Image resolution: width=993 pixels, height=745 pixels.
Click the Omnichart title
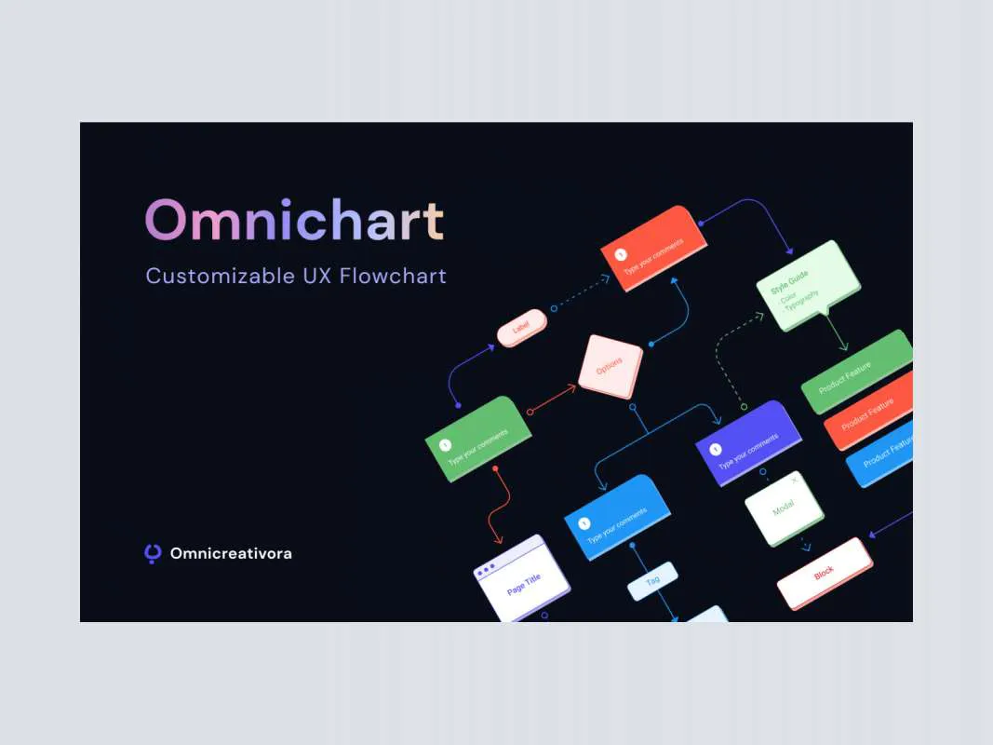(294, 222)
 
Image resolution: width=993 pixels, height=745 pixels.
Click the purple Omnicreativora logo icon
(154, 553)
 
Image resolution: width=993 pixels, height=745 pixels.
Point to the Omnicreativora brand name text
(231, 553)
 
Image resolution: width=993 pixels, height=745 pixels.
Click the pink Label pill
(522, 329)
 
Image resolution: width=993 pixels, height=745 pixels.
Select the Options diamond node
(611, 367)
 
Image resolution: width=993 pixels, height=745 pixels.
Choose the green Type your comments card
(478, 438)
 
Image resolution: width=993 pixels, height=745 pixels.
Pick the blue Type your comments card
(617, 517)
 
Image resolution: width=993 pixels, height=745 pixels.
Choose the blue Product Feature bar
(882, 454)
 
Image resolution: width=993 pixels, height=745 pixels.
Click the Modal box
(785, 508)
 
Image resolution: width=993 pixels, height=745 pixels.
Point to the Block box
(825, 573)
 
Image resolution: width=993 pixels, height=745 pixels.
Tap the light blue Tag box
(652, 580)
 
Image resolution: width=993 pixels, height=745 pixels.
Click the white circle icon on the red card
(621, 252)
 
